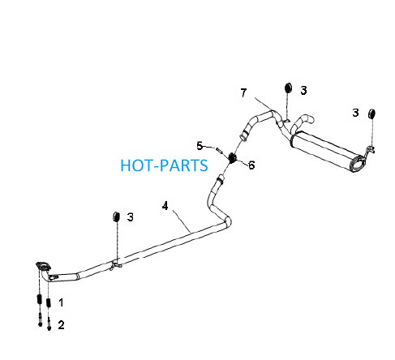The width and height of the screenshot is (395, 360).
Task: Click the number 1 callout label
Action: (x=62, y=302)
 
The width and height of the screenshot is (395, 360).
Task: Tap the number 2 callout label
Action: (x=61, y=324)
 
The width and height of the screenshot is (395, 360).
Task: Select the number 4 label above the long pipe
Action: (x=165, y=206)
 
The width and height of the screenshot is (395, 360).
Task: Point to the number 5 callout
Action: (x=200, y=146)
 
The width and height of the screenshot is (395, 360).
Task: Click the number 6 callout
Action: (x=251, y=165)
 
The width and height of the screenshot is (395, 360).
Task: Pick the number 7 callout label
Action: (x=243, y=92)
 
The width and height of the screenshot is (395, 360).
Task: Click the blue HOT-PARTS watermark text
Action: (x=164, y=165)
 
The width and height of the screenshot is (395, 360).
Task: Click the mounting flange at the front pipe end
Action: (x=43, y=266)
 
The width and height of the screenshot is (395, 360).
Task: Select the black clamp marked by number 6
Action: (x=232, y=157)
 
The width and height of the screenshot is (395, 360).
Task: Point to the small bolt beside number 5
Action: (x=219, y=150)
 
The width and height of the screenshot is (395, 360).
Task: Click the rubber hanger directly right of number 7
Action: (x=288, y=88)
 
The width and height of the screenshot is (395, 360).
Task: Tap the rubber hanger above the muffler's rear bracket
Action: (x=371, y=114)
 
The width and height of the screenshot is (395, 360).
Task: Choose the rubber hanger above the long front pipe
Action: (x=116, y=216)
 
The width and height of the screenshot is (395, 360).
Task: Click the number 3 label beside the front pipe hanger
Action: (x=131, y=217)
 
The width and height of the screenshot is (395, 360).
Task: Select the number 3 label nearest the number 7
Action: (x=303, y=91)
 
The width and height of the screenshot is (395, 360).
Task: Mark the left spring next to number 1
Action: (x=39, y=299)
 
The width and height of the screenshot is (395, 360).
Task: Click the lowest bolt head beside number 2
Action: (x=49, y=328)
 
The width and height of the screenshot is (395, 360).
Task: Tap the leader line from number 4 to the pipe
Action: (x=181, y=221)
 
